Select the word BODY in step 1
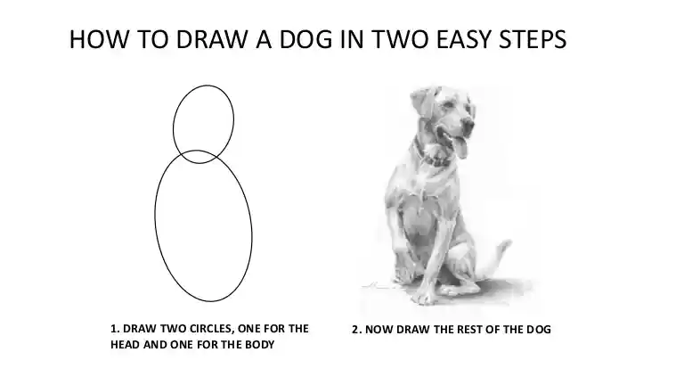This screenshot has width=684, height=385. pyautogui.click(x=256, y=345)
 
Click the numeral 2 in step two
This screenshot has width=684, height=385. pyautogui.click(x=354, y=330)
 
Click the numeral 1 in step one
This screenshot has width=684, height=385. pyautogui.click(x=113, y=329)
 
